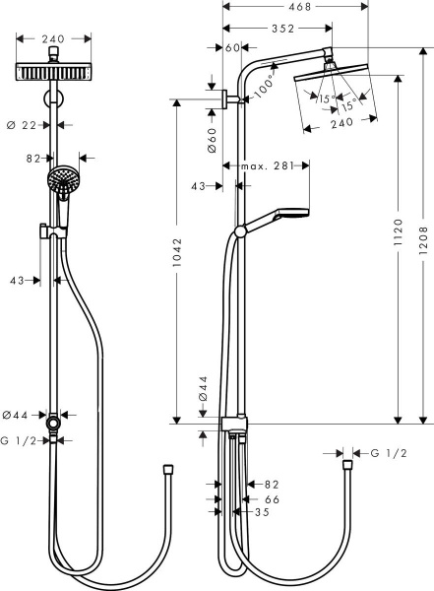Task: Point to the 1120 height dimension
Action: click(397, 245)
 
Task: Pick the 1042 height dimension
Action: click(175, 260)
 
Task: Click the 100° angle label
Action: click(263, 88)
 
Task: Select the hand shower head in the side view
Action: click(292, 213)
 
